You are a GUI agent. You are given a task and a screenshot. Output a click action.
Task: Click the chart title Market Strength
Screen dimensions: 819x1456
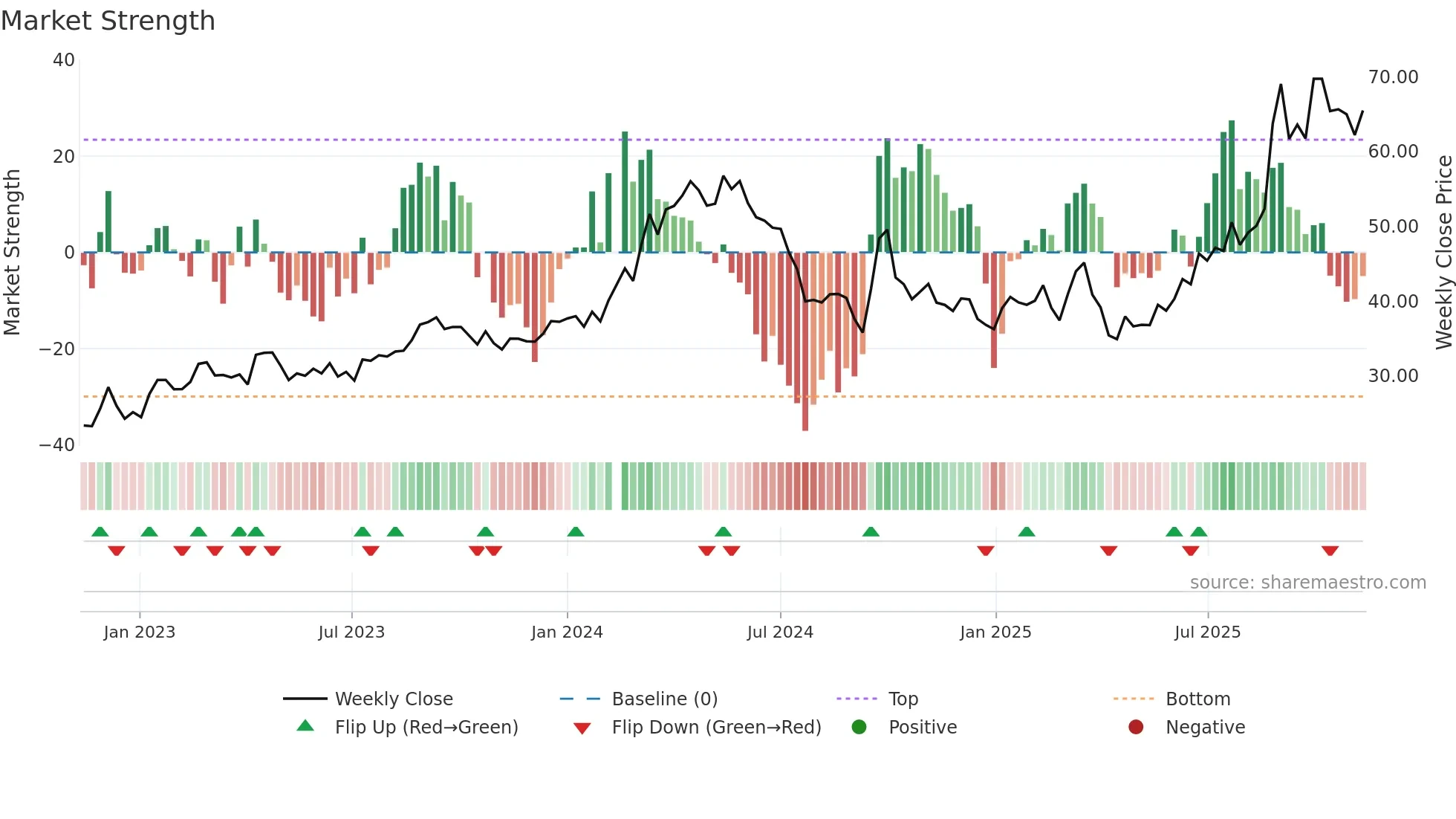pos(108,21)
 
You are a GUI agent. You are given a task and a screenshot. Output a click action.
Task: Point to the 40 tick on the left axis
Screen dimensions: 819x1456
pos(64,60)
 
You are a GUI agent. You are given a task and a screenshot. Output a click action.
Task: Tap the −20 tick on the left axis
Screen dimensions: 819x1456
pos(57,349)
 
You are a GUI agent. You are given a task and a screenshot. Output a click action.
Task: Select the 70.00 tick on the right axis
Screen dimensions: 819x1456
pos(1393,77)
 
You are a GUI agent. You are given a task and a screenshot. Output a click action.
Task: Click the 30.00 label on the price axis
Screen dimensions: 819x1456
pos(1393,376)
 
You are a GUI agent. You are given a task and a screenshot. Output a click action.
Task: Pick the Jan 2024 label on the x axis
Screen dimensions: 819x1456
pos(567,632)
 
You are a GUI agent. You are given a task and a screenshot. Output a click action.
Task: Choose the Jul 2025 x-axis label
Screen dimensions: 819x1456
pos(1207,632)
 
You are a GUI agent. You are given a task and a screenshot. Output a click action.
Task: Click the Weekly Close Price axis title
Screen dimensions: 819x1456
pos(1443,252)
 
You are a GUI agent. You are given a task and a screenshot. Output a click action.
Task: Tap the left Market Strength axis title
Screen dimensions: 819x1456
pos(12,252)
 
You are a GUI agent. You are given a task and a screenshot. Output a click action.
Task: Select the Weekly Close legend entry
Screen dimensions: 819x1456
pos(393,699)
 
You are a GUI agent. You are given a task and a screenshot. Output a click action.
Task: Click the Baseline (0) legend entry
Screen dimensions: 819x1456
pos(664,699)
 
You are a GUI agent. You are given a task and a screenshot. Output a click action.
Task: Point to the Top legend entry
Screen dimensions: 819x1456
pos(903,699)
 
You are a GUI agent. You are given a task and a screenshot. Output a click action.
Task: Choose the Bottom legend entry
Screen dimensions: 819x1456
pos(1197,699)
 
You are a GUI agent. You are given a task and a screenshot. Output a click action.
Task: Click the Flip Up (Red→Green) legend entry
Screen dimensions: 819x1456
pos(426,728)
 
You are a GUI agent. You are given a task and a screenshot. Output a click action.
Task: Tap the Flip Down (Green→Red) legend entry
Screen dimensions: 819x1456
pos(716,728)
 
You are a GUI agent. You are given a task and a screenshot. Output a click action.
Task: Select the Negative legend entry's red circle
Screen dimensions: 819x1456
pos(1136,727)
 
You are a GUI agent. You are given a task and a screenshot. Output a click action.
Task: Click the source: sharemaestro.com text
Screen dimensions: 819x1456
pos(1307,583)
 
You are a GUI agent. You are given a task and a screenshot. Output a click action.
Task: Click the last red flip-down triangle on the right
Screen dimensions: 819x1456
pos(1330,551)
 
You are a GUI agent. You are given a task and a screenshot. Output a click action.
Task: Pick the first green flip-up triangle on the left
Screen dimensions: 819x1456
pos(100,531)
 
